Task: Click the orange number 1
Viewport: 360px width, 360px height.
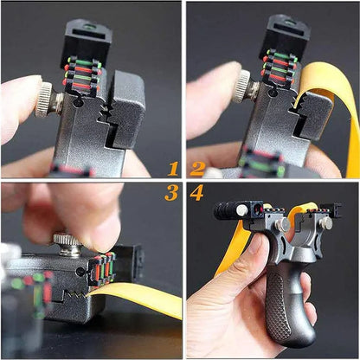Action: tap(173, 169)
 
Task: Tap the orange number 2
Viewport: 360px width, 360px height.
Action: tap(198, 169)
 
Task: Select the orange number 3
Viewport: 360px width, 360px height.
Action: tap(171, 192)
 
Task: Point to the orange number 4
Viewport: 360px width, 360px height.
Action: tap(197, 192)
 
